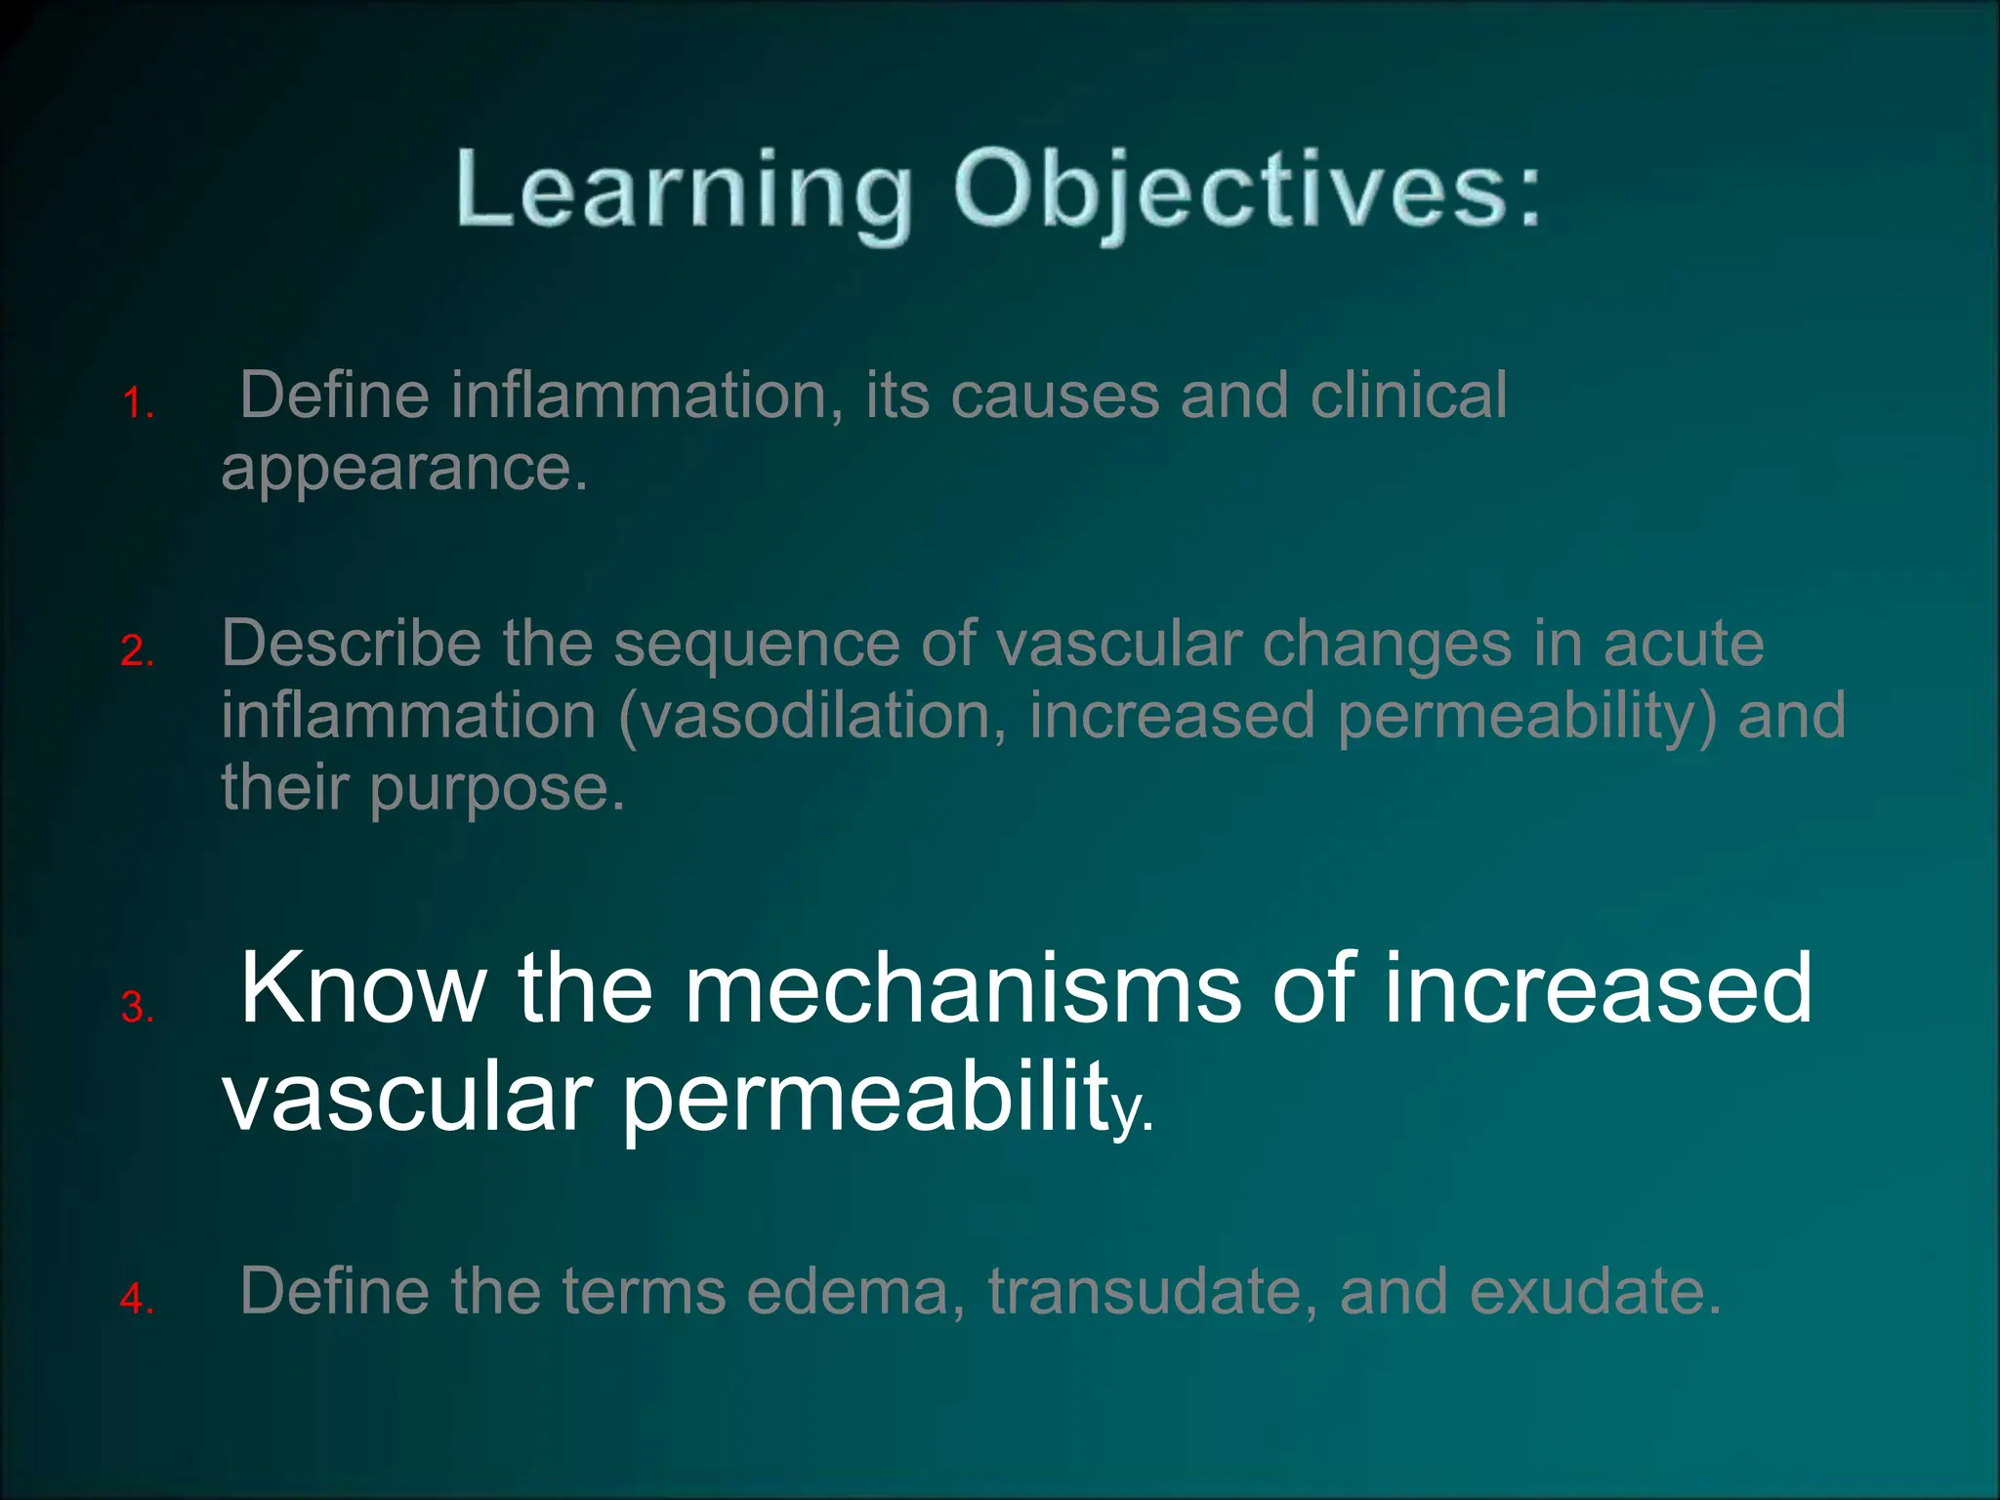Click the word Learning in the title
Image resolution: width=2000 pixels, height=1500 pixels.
(682, 190)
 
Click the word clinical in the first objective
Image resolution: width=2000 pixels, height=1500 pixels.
(1408, 396)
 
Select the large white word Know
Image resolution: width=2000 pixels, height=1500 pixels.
(363, 990)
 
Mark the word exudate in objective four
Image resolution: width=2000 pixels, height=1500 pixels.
(1594, 1291)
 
